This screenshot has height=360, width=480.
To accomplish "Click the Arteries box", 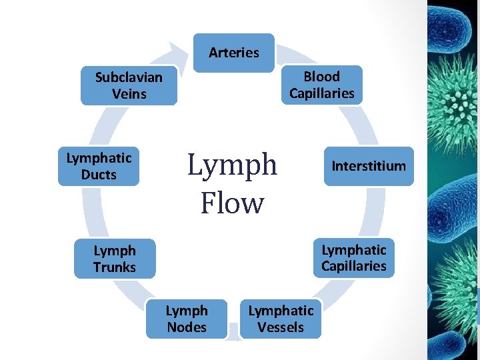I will point(233,53).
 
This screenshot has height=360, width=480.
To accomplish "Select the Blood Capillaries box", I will point(322,85).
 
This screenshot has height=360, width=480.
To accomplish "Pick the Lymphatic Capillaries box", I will point(353,258).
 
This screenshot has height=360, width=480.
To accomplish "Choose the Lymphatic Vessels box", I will point(281,319).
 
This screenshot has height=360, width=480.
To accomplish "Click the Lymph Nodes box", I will point(187,319).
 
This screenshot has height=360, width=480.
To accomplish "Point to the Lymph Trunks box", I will point(115,259).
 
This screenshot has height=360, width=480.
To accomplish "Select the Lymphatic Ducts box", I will point(99,166).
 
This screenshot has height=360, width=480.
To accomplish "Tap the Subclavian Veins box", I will point(129,85).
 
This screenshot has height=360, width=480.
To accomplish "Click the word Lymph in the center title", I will point(232,165).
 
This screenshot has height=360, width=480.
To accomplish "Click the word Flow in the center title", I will point(232,203).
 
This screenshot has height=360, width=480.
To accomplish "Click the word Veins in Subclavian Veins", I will point(129,94).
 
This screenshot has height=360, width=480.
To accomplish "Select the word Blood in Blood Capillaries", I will point(322,77).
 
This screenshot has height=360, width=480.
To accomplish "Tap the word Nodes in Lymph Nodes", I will point(187,327).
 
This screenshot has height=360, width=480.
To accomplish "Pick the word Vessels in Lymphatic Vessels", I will point(281,327).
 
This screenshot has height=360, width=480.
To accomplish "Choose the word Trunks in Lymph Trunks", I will point(115,267).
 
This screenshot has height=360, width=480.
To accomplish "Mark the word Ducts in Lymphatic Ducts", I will point(99,175).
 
